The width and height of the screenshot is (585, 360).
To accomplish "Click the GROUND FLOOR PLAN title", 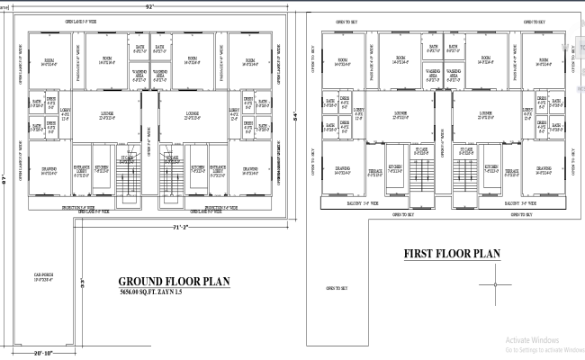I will point(174,281).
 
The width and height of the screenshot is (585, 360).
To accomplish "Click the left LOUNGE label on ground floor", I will point(106,113).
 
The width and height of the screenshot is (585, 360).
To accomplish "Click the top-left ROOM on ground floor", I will point(49,61).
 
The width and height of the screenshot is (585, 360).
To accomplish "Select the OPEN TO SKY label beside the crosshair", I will point(337,288).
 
